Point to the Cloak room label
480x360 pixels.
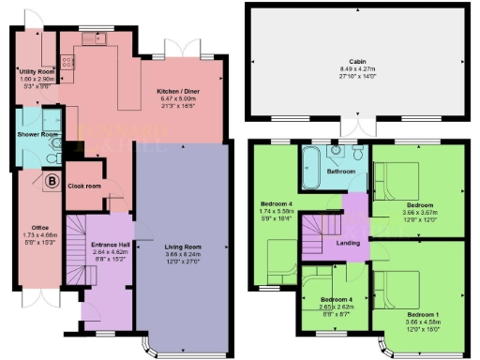[x=84, y=186]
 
